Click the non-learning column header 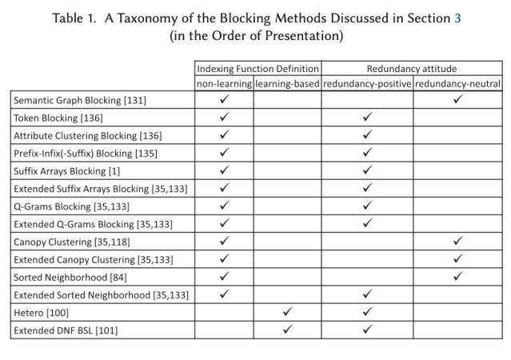(x=225, y=83)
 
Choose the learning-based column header (x=288, y=83)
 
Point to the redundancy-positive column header (x=367, y=83)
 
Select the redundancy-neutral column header (x=457, y=83)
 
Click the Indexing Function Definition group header (x=258, y=68)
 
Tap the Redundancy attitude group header (x=412, y=68)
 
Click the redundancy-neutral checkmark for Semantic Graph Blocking (x=457, y=100)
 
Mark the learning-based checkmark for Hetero (x=288, y=311)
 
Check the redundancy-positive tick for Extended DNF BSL (x=367, y=329)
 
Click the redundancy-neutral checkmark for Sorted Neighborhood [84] (x=457, y=276)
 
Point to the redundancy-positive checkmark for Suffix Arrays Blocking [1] (x=367, y=170)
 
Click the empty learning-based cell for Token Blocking (x=288, y=118)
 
